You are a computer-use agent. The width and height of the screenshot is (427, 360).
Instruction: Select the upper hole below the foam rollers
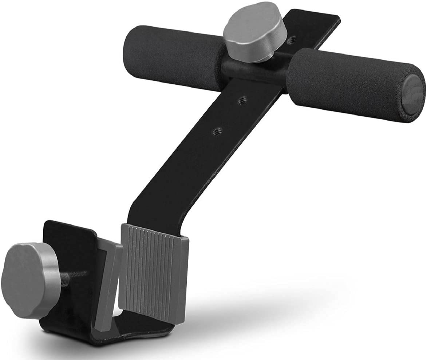pos(241,101)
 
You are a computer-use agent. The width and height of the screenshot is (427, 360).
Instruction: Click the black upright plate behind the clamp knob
pos(69,236)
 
